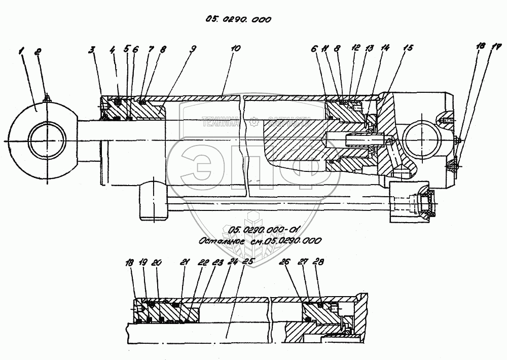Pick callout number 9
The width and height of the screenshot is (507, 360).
pos(193,50)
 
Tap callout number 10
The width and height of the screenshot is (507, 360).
pos(234,50)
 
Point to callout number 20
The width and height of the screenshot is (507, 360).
pos(157,263)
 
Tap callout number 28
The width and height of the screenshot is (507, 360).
pos(318,262)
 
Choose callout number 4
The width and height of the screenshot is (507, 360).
pos(113,50)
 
